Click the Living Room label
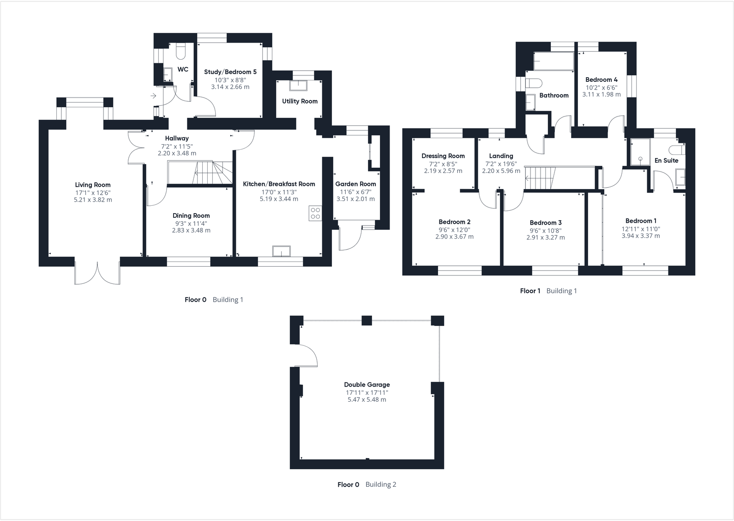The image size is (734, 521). point(93,185)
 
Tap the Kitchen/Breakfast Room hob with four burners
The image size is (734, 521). point(315,213)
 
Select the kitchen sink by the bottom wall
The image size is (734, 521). point(282,251)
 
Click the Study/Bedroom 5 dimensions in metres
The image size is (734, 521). point(230,87)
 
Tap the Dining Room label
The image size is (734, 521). point(191,215)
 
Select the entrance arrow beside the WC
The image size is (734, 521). point(153,96)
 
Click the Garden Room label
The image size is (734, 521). point(355,184)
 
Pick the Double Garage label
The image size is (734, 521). point(367,385)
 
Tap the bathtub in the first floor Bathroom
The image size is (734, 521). point(554,61)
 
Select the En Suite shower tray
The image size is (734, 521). point(640,152)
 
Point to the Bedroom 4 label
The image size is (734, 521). point(601,80)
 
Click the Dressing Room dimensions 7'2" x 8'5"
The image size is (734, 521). point(443,163)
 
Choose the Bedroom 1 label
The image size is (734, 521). point(641,221)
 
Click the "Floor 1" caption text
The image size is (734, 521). point(530,291)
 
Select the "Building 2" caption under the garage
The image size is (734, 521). point(381,484)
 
